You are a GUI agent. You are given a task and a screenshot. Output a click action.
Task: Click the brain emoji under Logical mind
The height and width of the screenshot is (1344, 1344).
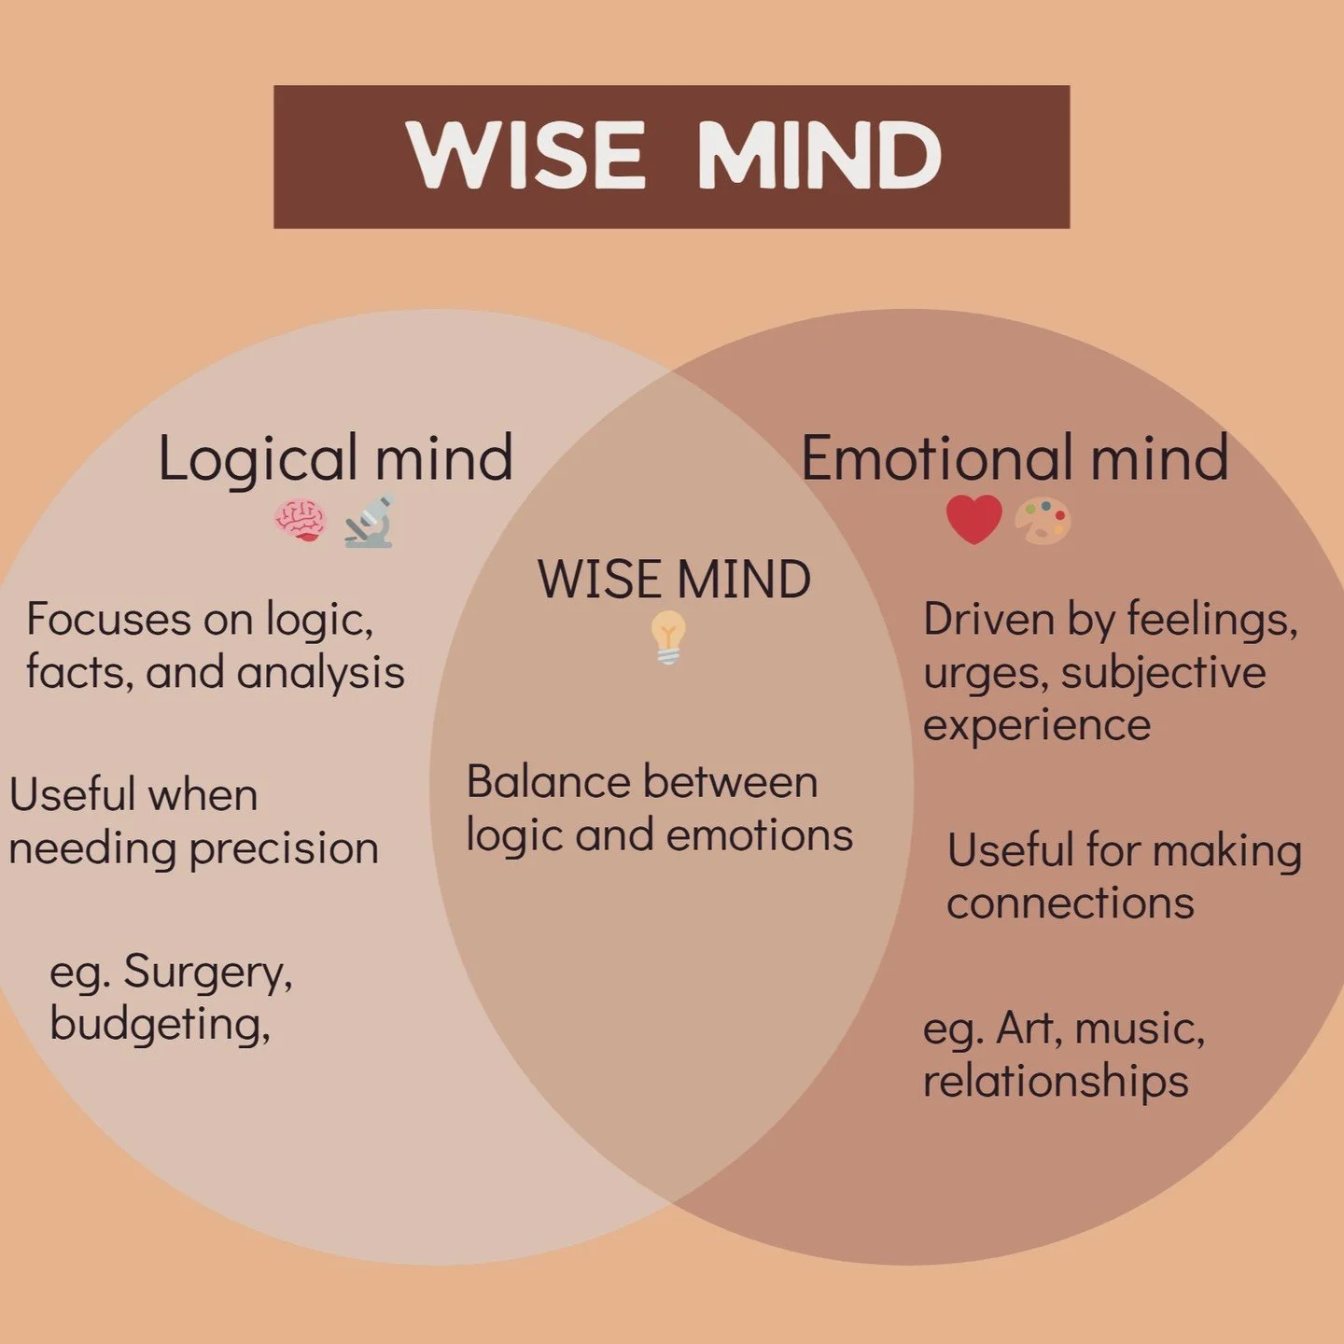[x=300, y=521]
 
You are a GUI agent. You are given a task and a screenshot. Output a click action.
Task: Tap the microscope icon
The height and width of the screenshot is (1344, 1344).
[x=370, y=521]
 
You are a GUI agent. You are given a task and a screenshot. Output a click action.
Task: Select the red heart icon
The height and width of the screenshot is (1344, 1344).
[x=973, y=519]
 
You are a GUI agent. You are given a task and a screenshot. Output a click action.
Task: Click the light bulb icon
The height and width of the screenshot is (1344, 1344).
[x=668, y=637]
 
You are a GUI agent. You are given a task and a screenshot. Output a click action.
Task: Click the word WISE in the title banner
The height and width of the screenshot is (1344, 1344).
[x=526, y=156]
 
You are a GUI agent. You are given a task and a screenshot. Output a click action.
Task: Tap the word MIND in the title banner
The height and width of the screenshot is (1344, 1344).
[x=819, y=156]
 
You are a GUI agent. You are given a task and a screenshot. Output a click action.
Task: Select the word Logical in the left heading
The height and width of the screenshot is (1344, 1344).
[x=258, y=459]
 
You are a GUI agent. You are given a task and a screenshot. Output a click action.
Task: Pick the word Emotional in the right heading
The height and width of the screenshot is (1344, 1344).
[x=937, y=458]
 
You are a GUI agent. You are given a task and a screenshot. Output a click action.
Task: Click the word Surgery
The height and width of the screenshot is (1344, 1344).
[x=207, y=973]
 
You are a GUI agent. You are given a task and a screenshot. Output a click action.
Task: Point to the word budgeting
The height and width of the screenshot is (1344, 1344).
[x=160, y=1025]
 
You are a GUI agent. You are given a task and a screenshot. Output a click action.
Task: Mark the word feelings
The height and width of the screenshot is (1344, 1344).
[x=1211, y=620]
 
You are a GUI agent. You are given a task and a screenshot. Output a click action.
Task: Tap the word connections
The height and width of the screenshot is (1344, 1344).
[x=1071, y=903]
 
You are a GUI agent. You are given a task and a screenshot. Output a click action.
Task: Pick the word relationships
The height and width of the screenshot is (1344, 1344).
[x=1056, y=1082]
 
